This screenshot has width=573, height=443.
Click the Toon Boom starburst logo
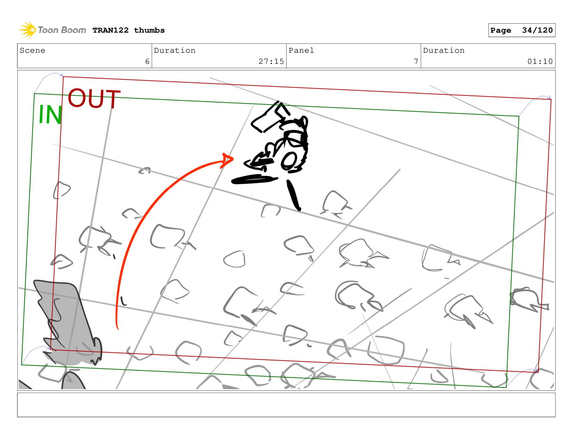(x=27, y=30)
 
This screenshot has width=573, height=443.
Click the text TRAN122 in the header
(x=111, y=30)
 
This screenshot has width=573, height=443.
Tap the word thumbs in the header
(x=149, y=30)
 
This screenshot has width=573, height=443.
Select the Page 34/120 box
(x=522, y=30)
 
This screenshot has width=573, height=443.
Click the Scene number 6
(x=147, y=61)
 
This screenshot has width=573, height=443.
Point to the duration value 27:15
(x=271, y=61)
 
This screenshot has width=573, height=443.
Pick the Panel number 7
(x=416, y=61)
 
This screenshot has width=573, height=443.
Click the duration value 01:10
(x=540, y=61)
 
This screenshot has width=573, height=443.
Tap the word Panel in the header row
(x=301, y=50)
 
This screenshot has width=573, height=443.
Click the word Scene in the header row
(x=32, y=50)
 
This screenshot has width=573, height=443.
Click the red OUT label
(x=94, y=99)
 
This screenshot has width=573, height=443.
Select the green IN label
(x=50, y=114)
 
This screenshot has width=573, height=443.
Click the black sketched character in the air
(x=280, y=138)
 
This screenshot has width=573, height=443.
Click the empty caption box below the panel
(x=286, y=405)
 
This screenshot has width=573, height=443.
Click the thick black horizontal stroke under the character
(x=254, y=179)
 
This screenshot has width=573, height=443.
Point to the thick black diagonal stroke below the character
(x=294, y=195)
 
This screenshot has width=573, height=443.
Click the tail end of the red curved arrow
(x=118, y=329)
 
